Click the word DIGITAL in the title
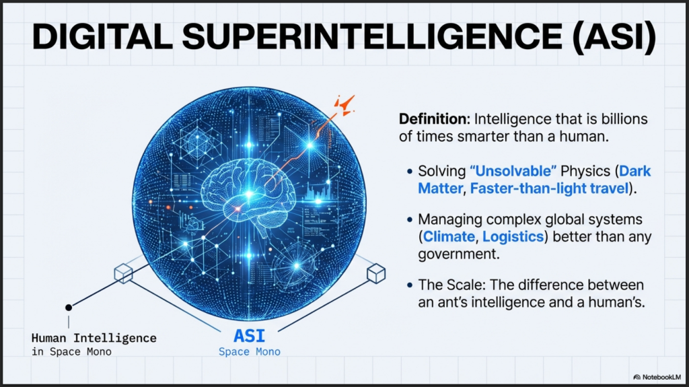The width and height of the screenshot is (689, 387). click(102, 36)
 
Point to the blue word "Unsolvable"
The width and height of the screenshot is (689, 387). click(513, 171)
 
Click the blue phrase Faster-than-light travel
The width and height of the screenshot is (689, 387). click(549, 188)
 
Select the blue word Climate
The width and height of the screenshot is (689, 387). click(449, 237)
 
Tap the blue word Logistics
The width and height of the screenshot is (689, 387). click(513, 237)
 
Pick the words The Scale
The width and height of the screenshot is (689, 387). click(450, 285)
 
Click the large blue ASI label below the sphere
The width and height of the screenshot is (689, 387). click(249, 336)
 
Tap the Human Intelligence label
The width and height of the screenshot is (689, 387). click(94, 338)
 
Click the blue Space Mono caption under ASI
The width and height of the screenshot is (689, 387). click(250, 352)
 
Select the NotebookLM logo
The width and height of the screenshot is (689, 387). click(657, 378)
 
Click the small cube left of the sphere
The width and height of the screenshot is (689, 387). click(124, 273)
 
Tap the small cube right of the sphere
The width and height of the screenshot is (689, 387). click(376, 273)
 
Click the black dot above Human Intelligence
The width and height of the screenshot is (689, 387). click(69, 308)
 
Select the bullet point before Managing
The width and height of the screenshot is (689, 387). click(410, 219)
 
